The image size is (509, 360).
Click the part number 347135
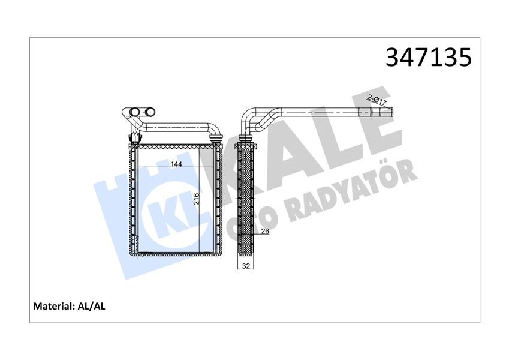click(428, 57)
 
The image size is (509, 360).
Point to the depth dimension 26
click(264, 231)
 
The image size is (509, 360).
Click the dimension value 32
click(246, 265)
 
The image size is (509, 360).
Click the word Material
click(53, 306)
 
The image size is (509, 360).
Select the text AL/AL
click(92, 306)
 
